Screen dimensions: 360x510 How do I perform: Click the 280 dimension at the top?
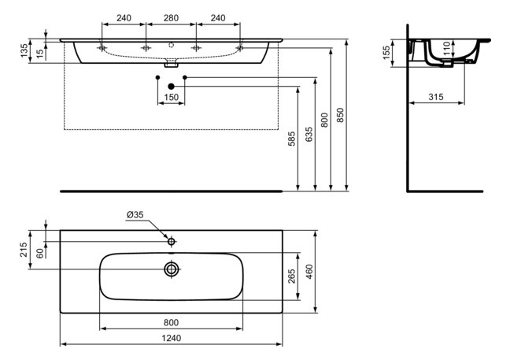[172, 17]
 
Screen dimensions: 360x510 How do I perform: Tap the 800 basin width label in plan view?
[172, 322]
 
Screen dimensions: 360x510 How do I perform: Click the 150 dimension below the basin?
[172, 97]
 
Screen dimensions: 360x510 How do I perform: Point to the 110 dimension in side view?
[446, 49]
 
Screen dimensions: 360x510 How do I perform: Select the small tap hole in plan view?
[172, 239]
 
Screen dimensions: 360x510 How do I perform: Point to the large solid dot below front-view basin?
[171, 86]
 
